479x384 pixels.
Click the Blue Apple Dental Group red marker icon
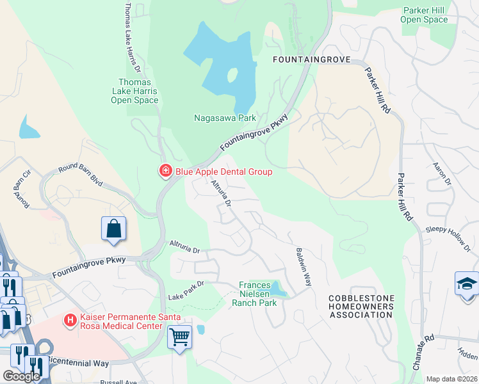pyautogui.click(x=165, y=171)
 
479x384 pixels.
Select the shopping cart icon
pyautogui.click(x=179, y=335)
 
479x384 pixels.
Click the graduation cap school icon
pyautogui.click(x=466, y=283)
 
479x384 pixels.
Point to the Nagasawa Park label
pyautogui.click(x=225, y=118)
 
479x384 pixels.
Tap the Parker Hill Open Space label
pyautogui.click(x=424, y=15)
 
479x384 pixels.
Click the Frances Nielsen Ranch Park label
pyautogui.click(x=258, y=294)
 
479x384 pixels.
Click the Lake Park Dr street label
pyautogui.click(x=186, y=291)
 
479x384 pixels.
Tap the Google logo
pyautogui.click(x=20, y=376)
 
